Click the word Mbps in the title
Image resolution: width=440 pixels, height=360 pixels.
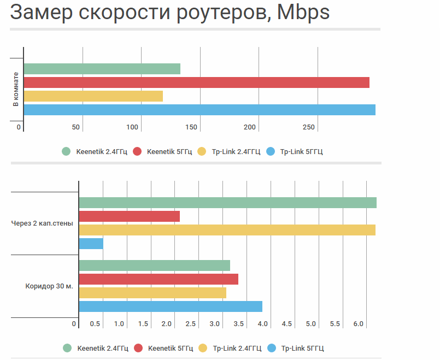(x=303, y=13)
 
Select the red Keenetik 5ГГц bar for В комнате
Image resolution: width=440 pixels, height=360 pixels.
(x=197, y=82)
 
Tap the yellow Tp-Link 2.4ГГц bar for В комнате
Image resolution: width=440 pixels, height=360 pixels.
(x=93, y=96)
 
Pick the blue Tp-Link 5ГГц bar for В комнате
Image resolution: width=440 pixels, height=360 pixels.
(x=200, y=110)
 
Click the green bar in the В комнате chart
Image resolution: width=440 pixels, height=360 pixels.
(x=102, y=69)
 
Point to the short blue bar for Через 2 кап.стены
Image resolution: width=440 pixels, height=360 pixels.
(x=91, y=244)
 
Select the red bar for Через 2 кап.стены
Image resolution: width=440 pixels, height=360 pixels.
(x=130, y=216)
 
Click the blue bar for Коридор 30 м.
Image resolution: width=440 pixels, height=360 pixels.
(x=171, y=306)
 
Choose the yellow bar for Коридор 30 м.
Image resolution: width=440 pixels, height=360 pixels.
(x=152, y=293)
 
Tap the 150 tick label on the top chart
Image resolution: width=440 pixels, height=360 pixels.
(x=191, y=127)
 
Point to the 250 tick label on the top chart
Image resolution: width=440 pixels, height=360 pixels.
(x=309, y=127)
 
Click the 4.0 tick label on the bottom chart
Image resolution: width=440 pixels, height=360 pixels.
(x=262, y=324)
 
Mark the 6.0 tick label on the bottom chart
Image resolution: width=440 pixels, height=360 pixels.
(x=359, y=324)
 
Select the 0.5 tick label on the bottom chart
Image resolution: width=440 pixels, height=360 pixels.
(x=95, y=324)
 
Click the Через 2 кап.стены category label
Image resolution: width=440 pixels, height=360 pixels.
(x=42, y=223)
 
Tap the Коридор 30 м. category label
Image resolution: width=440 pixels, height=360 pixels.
(x=49, y=286)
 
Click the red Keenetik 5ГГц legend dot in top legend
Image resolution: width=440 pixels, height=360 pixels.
(x=137, y=151)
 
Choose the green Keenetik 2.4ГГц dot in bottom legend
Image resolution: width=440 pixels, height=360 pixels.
(x=68, y=348)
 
